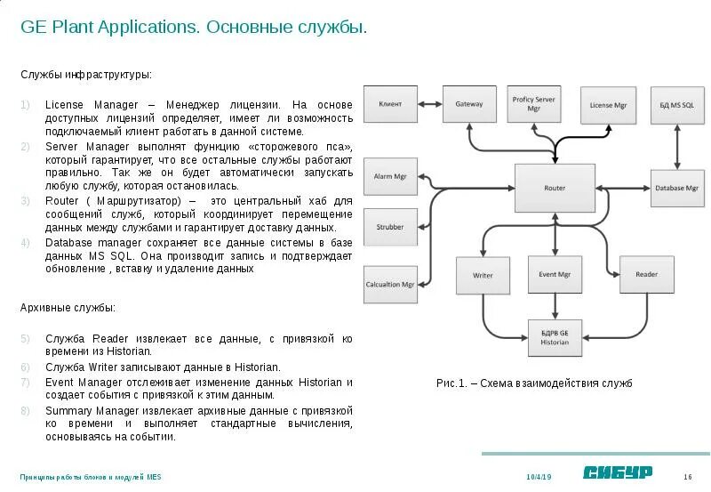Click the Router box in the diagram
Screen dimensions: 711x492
pyautogui.click(x=554, y=188)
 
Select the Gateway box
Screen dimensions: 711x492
pyautogui.click(x=468, y=104)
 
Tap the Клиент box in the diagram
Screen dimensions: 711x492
pyautogui.click(x=390, y=104)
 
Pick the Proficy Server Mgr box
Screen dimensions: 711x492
pyautogui.click(x=533, y=104)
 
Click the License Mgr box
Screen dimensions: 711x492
pyautogui.click(x=608, y=105)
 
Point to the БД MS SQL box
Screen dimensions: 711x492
pyautogui.click(x=677, y=105)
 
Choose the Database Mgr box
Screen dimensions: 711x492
pyautogui.click(x=677, y=188)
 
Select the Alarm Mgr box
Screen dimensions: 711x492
pyautogui.click(x=389, y=177)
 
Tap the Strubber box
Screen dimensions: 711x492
pyautogui.click(x=389, y=227)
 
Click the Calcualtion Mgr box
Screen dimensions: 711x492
pyautogui.click(x=389, y=285)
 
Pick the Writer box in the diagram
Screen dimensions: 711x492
pyautogui.click(x=483, y=275)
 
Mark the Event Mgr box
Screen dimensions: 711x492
pyautogui.click(x=555, y=275)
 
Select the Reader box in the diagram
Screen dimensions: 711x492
pyautogui.click(x=646, y=275)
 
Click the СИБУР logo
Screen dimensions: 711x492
pyautogui.click(x=618, y=472)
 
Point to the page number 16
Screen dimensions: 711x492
pyautogui.click(x=688, y=477)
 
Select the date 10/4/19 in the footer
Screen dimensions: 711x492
pyautogui.click(x=539, y=477)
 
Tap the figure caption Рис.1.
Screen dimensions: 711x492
pyautogui.click(x=533, y=383)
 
